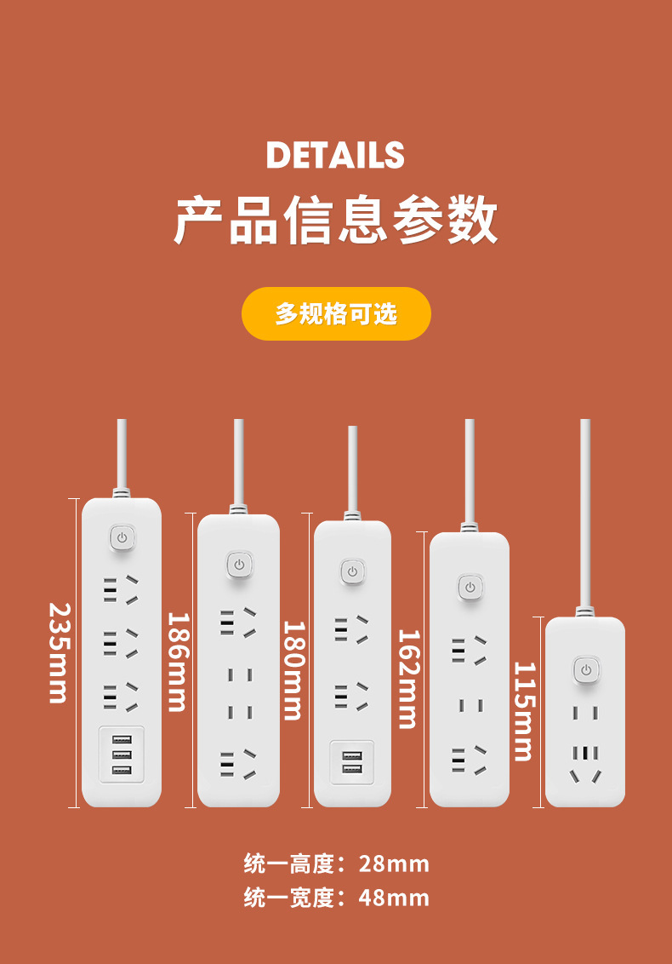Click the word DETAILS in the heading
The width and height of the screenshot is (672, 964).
pyautogui.click(x=335, y=155)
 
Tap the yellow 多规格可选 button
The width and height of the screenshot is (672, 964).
pyautogui.click(x=336, y=313)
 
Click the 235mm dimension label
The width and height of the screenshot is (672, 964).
pyautogui.click(x=58, y=652)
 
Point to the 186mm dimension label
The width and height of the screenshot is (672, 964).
pyautogui.click(x=175, y=661)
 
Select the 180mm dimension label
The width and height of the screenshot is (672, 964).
pyautogui.click(x=293, y=670)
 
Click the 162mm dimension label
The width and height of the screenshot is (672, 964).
pyautogui.click(x=409, y=679)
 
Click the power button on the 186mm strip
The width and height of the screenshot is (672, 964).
pyautogui.click(x=238, y=564)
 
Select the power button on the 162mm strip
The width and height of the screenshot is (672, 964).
pyautogui.click(x=469, y=587)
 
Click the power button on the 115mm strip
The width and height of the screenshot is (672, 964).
pyautogui.click(x=584, y=669)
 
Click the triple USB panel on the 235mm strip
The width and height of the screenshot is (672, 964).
pyautogui.click(x=122, y=754)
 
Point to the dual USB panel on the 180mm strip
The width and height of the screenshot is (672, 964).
pyautogui.click(x=352, y=762)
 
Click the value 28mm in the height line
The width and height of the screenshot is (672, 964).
pyautogui.click(x=394, y=864)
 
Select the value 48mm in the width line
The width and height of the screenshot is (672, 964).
pyautogui.click(x=394, y=898)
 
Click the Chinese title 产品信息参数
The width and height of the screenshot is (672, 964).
pyautogui.click(x=336, y=219)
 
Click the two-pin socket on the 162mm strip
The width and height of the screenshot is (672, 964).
pyautogui.click(x=470, y=705)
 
